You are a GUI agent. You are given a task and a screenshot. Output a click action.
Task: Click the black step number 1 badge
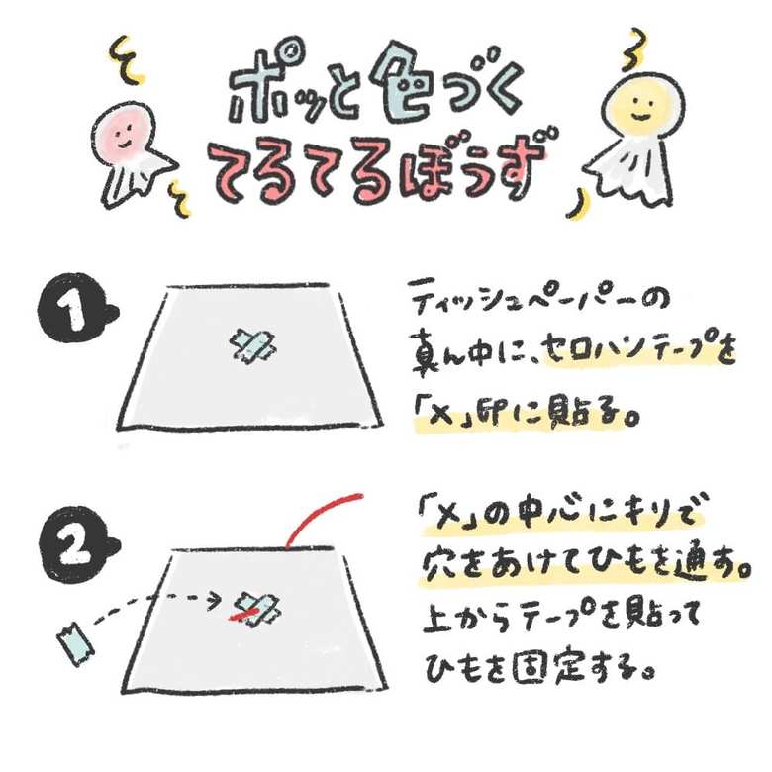click(x=76, y=308)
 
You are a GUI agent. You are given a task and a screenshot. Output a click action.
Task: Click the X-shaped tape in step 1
click(x=253, y=344)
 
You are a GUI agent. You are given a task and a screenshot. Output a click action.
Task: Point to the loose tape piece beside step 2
click(x=76, y=642)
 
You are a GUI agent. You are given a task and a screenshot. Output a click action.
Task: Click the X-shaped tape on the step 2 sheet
click(x=257, y=610)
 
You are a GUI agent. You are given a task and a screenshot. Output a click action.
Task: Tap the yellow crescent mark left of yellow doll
click(x=579, y=205)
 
